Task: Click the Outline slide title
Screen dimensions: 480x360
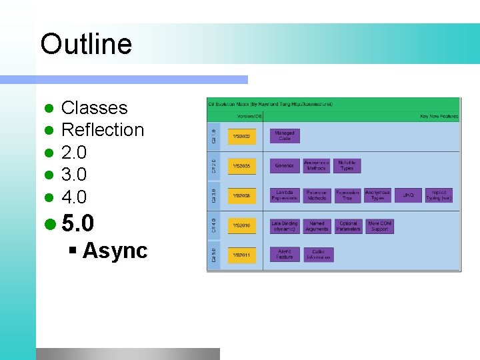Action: pyautogui.click(x=86, y=45)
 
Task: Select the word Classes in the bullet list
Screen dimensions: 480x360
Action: pyautogui.click(x=94, y=108)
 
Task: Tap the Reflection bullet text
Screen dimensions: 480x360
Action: pyautogui.click(x=103, y=130)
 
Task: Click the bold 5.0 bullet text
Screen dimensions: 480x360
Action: pyautogui.click(x=78, y=223)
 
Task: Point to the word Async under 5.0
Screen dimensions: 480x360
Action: pyautogui.click(x=115, y=251)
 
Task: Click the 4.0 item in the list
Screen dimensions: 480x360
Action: pyautogui.click(x=74, y=197)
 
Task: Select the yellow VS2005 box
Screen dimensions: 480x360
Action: pyautogui.click(x=241, y=165)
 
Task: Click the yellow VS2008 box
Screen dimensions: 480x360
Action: pyautogui.click(x=241, y=196)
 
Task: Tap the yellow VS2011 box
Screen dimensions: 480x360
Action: pyautogui.click(x=241, y=255)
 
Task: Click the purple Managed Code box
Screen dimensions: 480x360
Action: pyautogui.click(x=285, y=136)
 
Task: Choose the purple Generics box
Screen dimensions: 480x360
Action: pyautogui.click(x=285, y=165)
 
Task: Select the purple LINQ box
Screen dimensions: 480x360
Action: pyautogui.click(x=408, y=196)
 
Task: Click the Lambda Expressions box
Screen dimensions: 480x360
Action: pyautogui.click(x=285, y=196)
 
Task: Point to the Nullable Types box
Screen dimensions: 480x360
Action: pyautogui.click(x=347, y=165)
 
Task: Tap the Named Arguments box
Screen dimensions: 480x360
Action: pyautogui.click(x=317, y=227)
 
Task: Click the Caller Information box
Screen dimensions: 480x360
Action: pyautogui.click(x=319, y=255)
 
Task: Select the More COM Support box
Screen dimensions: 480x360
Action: pyautogui.click(x=379, y=227)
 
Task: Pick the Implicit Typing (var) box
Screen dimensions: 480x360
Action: pyautogui.click(x=439, y=196)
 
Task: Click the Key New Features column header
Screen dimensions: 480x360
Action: pyautogui.click(x=439, y=116)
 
